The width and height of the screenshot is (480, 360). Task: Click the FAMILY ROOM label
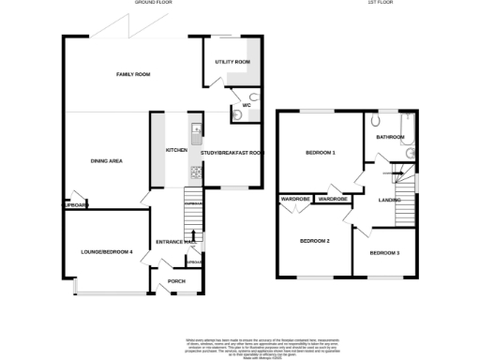(133, 74)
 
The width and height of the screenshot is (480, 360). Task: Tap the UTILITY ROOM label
(232, 62)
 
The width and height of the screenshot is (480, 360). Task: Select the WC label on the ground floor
(246, 105)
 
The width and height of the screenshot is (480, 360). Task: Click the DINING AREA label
(107, 160)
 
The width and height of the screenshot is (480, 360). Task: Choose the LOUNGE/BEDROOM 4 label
(105, 251)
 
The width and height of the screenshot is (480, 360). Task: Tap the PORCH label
(176, 280)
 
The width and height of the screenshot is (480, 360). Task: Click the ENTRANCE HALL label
(174, 242)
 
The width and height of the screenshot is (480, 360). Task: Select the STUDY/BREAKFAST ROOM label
(232, 152)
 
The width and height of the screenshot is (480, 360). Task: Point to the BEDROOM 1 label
(321, 152)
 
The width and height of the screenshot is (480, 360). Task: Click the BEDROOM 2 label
(315, 241)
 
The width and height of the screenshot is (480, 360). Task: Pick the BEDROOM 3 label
(383, 253)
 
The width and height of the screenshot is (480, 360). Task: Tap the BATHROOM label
(390, 137)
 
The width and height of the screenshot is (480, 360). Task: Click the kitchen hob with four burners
(195, 171)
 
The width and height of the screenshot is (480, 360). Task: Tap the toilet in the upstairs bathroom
(376, 120)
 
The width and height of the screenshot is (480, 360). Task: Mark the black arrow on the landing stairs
(395, 174)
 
